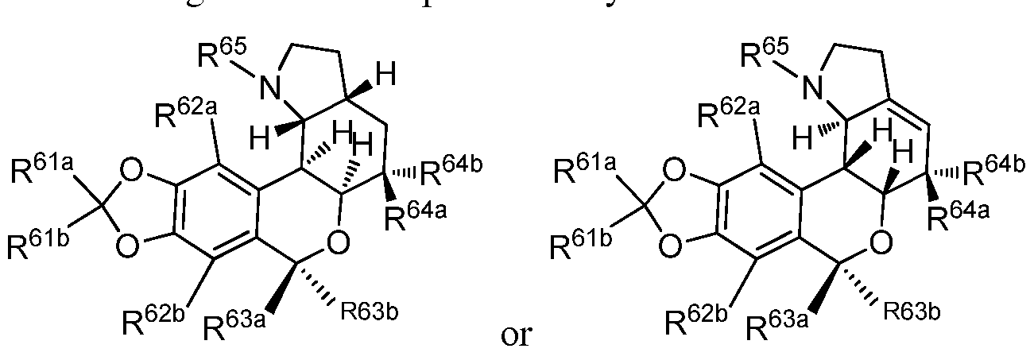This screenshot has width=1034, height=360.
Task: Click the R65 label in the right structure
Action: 757,57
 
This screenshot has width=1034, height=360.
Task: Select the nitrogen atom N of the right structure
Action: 812,90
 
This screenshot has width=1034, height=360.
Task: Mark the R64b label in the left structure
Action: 450,169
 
